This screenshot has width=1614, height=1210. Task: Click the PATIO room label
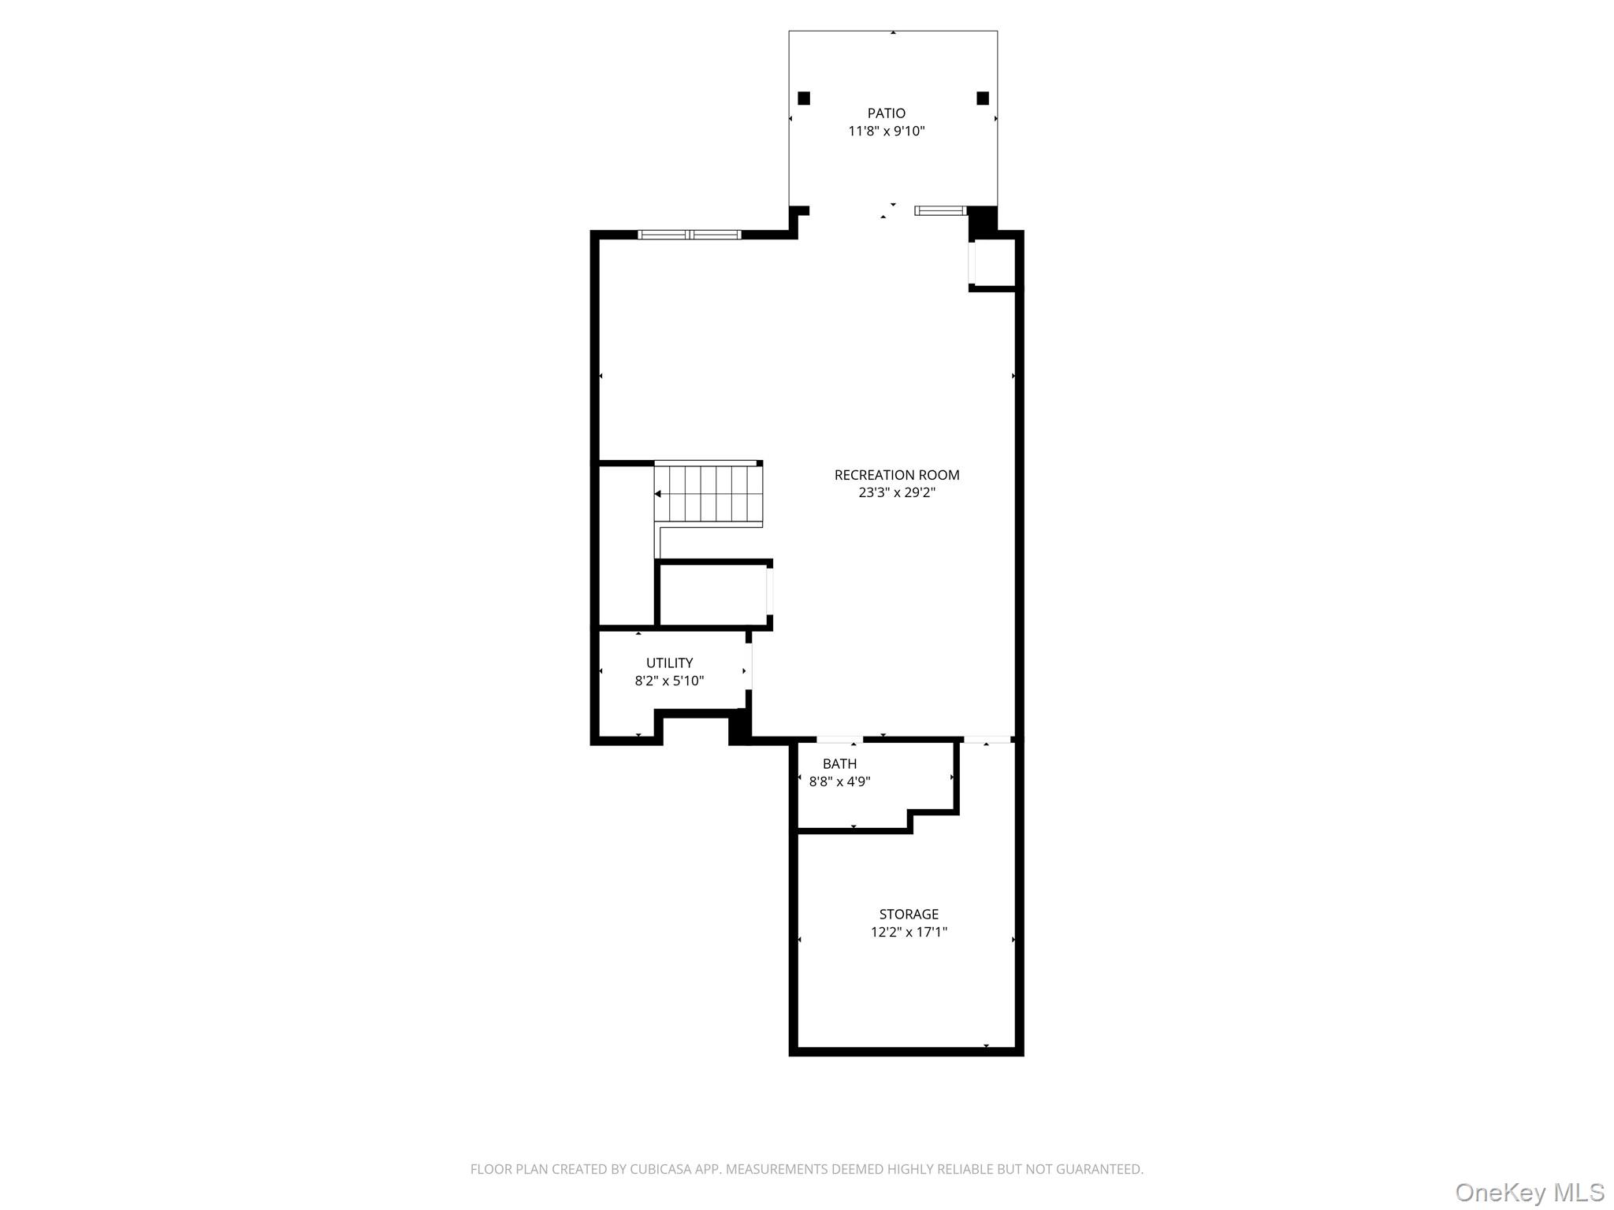tap(886, 113)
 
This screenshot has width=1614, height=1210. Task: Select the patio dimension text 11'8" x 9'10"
tap(886, 132)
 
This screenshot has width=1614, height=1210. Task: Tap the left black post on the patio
tap(804, 98)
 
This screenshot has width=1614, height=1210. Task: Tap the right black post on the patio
tap(982, 98)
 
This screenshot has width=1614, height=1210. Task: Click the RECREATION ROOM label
tap(896, 475)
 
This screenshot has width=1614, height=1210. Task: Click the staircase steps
tap(709, 494)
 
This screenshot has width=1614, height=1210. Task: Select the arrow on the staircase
tap(658, 494)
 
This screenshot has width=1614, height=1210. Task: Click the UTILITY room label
tap(669, 663)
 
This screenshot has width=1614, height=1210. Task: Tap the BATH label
tap(839, 764)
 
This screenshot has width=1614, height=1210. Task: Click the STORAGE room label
tap(909, 915)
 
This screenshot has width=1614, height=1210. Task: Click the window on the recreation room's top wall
tap(690, 235)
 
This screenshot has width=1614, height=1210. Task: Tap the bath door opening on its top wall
tap(839, 740)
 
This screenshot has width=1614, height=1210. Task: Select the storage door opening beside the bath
tap(987, 740)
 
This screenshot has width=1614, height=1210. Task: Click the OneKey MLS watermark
tap(1529, 1192)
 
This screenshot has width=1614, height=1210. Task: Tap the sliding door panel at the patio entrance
tap(939, 210)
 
